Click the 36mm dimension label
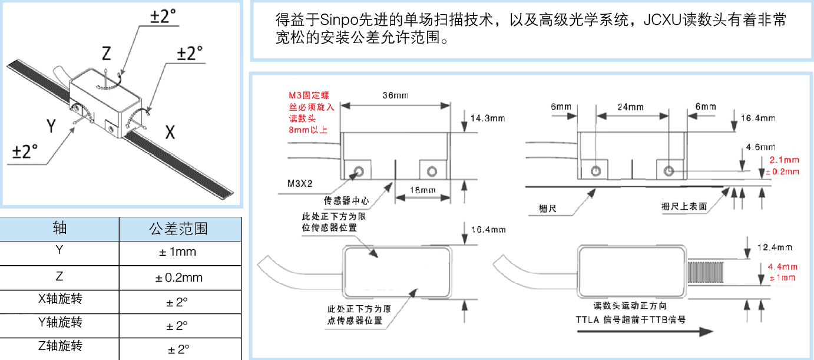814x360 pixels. click(396, 95)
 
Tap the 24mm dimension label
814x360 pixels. click(630, 107)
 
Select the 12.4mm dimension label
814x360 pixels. click(775, 247)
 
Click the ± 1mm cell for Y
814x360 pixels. click(180, 253)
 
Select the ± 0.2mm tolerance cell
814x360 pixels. click(180, 278)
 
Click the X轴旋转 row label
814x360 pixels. click(59, 299)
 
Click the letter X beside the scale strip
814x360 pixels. click(170, 132)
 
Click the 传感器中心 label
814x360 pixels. click(347, 200)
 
